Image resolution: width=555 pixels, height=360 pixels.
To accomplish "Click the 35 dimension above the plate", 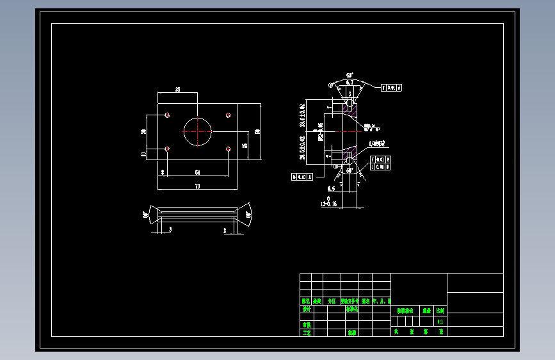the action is coord(177,90).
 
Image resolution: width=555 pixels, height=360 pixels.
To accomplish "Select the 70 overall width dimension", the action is coord(197,186).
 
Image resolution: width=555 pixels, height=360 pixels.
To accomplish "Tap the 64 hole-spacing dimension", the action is coord(197,173).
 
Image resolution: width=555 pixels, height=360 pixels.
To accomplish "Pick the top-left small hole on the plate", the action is coord(167,115).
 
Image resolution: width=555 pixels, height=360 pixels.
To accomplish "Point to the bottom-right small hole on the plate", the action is coord(229,149).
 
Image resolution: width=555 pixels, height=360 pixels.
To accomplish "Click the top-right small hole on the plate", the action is coord(229,115).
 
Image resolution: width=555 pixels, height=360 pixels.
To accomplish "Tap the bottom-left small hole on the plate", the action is coord(167,149).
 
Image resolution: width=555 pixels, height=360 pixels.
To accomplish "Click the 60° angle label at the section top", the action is coord(349,75).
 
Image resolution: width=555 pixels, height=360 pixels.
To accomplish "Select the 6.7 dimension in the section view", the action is coord(349,83).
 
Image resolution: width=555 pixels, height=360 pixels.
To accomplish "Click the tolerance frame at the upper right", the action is coord(392,88).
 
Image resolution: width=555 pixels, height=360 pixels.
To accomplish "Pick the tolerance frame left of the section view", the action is coord(302,176).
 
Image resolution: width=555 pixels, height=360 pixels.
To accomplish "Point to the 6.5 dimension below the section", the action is coord(331,189).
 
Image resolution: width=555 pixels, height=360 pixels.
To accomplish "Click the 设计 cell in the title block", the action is coord(306,309).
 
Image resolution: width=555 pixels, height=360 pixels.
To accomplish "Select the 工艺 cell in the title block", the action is coord(306,332).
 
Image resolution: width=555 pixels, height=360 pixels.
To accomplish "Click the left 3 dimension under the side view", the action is coord(170,229).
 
